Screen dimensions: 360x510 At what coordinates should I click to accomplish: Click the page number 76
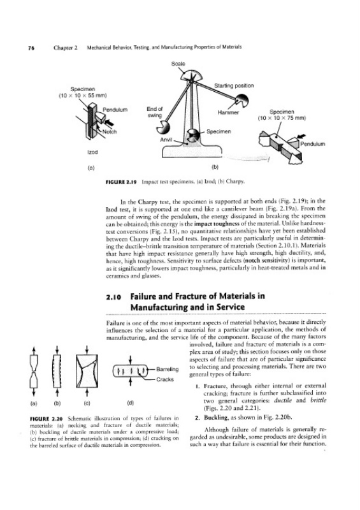click(31, 47)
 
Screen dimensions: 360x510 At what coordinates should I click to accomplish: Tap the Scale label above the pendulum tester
click(178, 64)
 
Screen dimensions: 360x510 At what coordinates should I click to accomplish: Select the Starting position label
click(234, 85)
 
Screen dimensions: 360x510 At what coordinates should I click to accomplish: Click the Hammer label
click(228, 113)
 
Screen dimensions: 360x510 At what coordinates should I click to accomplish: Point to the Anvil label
click(166, 140)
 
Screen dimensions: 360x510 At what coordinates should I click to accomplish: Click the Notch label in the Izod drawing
click(110, 132)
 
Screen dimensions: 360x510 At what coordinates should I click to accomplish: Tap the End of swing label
click(154, 112)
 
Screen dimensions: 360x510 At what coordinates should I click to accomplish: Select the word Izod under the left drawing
click(92, 152)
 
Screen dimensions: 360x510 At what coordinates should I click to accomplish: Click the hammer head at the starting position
click(241, 100)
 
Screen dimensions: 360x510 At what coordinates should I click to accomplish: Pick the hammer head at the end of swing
click(162, 128)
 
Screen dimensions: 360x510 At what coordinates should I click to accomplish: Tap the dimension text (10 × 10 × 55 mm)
click(83, 95)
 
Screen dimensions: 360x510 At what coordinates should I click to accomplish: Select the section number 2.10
click(114, 297)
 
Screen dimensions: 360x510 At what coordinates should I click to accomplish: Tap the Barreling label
click(168, 369)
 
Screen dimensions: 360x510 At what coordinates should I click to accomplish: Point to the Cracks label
click(165, 379)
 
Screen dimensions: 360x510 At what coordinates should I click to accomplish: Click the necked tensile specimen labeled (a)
click(34, 372)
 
